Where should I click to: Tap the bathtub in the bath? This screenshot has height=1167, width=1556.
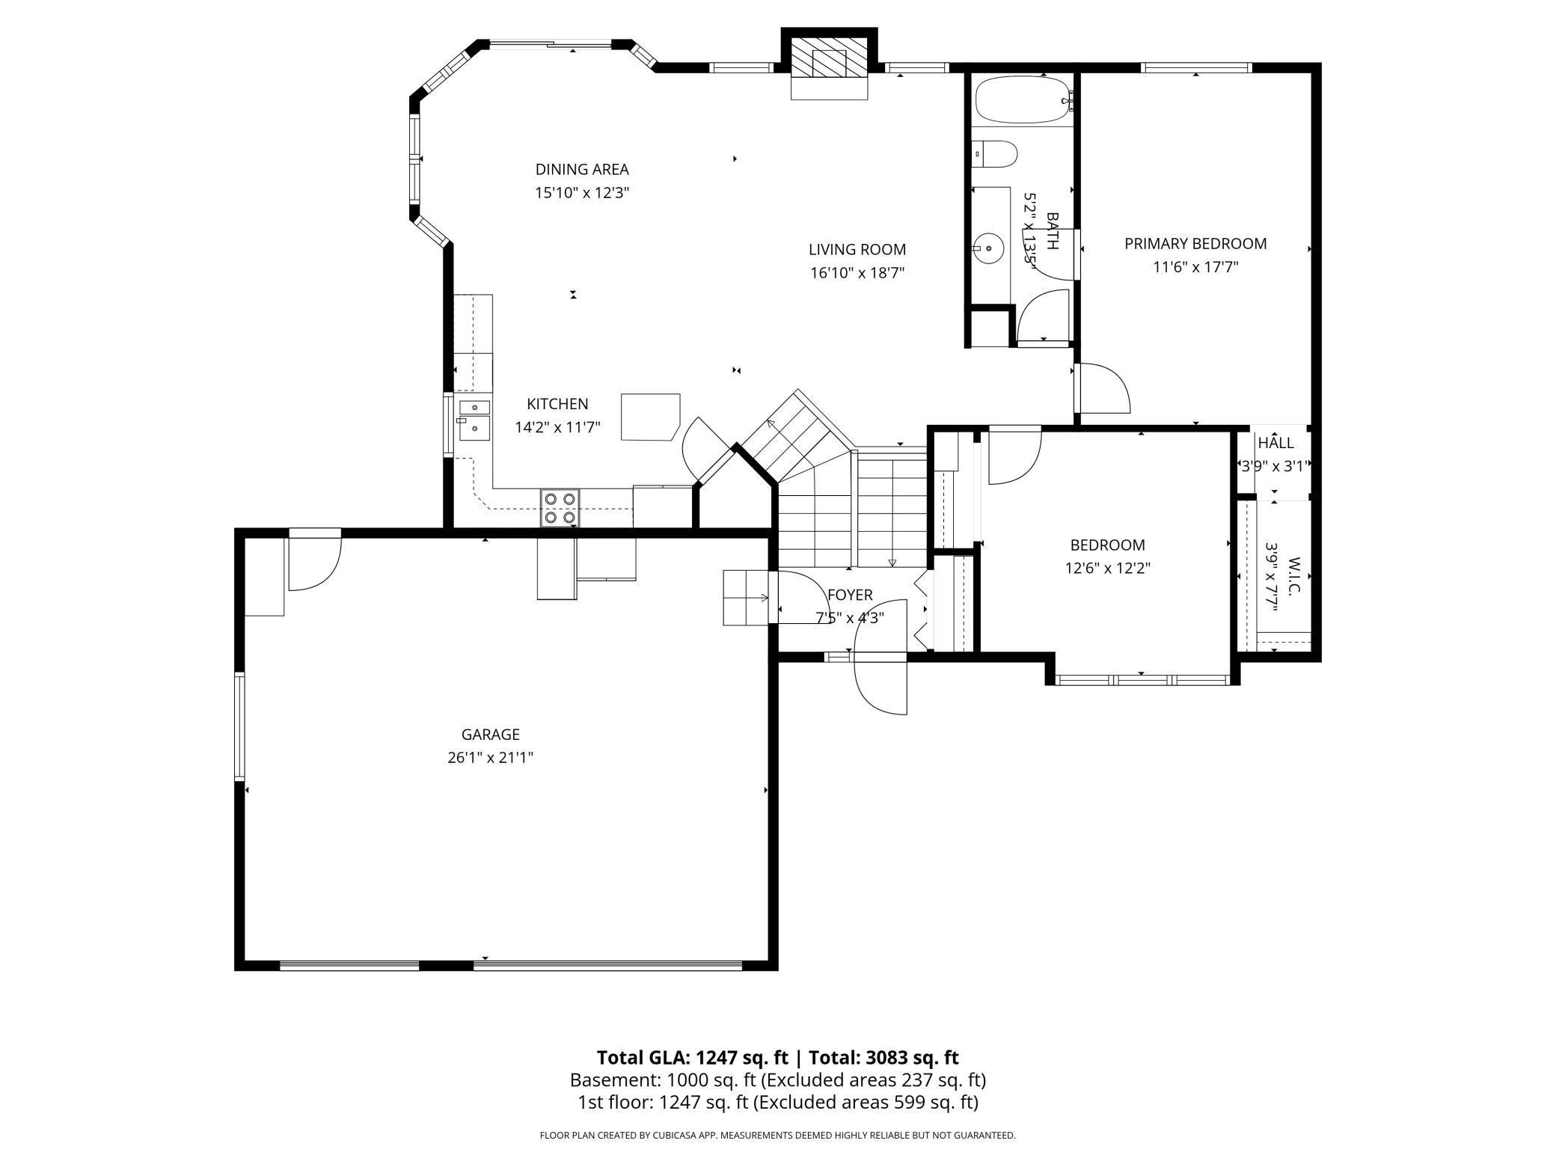coord(1022,100)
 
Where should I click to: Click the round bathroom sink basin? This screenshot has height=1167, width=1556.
coord(989,248)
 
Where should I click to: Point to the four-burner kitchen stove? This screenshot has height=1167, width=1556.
coord(560,508)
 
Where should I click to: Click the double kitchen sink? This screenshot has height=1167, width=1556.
coord(474,420)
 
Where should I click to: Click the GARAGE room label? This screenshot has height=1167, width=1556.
coord(490,735)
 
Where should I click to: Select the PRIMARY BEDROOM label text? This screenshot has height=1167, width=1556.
coord(1195,244)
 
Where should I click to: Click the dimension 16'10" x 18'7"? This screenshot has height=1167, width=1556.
coord(857,273)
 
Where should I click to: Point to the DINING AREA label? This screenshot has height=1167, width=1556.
coord(582,169)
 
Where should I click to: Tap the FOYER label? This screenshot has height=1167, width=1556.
coord(850,595)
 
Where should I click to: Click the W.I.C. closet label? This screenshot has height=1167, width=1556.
coord(1295,575)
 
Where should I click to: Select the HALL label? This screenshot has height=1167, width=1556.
coord(1275,443)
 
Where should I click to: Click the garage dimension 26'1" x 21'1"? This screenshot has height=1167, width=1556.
coord(490,758)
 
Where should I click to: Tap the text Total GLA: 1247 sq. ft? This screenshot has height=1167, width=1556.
coord(692,1057)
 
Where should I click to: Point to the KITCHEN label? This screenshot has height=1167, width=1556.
coord(557,404)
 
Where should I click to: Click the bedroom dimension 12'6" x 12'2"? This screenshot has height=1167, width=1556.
coord(1107,568)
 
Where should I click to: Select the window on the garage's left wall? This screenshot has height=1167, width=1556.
coord(240,726)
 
